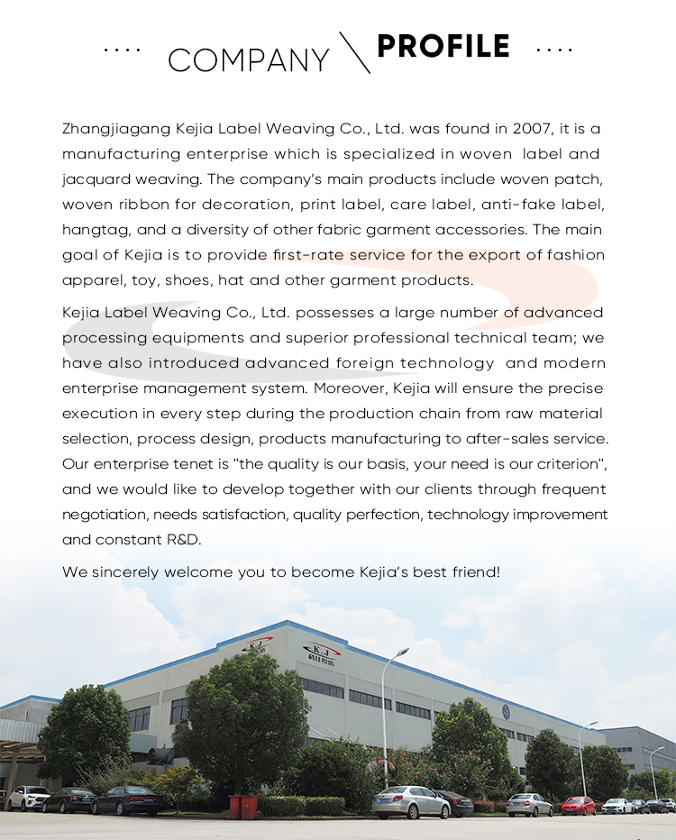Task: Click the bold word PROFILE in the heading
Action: click(443, 46)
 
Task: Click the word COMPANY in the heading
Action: click(249, 60)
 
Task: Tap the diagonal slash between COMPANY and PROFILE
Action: click(354, 52)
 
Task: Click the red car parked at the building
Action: click(578, 805)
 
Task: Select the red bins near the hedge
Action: click(243, 805)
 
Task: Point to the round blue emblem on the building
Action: click(506, 711)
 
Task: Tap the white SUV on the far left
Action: click(29, 798)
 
